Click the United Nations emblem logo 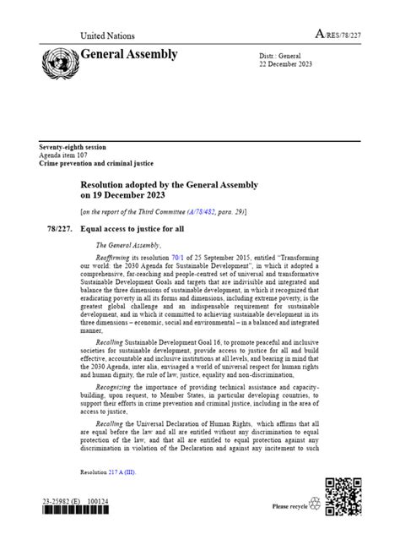(x=59, y=62)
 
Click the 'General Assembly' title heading (x=128, y=55)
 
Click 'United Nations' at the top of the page (x=107, y=35)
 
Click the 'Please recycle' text (x=290, y=507)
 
